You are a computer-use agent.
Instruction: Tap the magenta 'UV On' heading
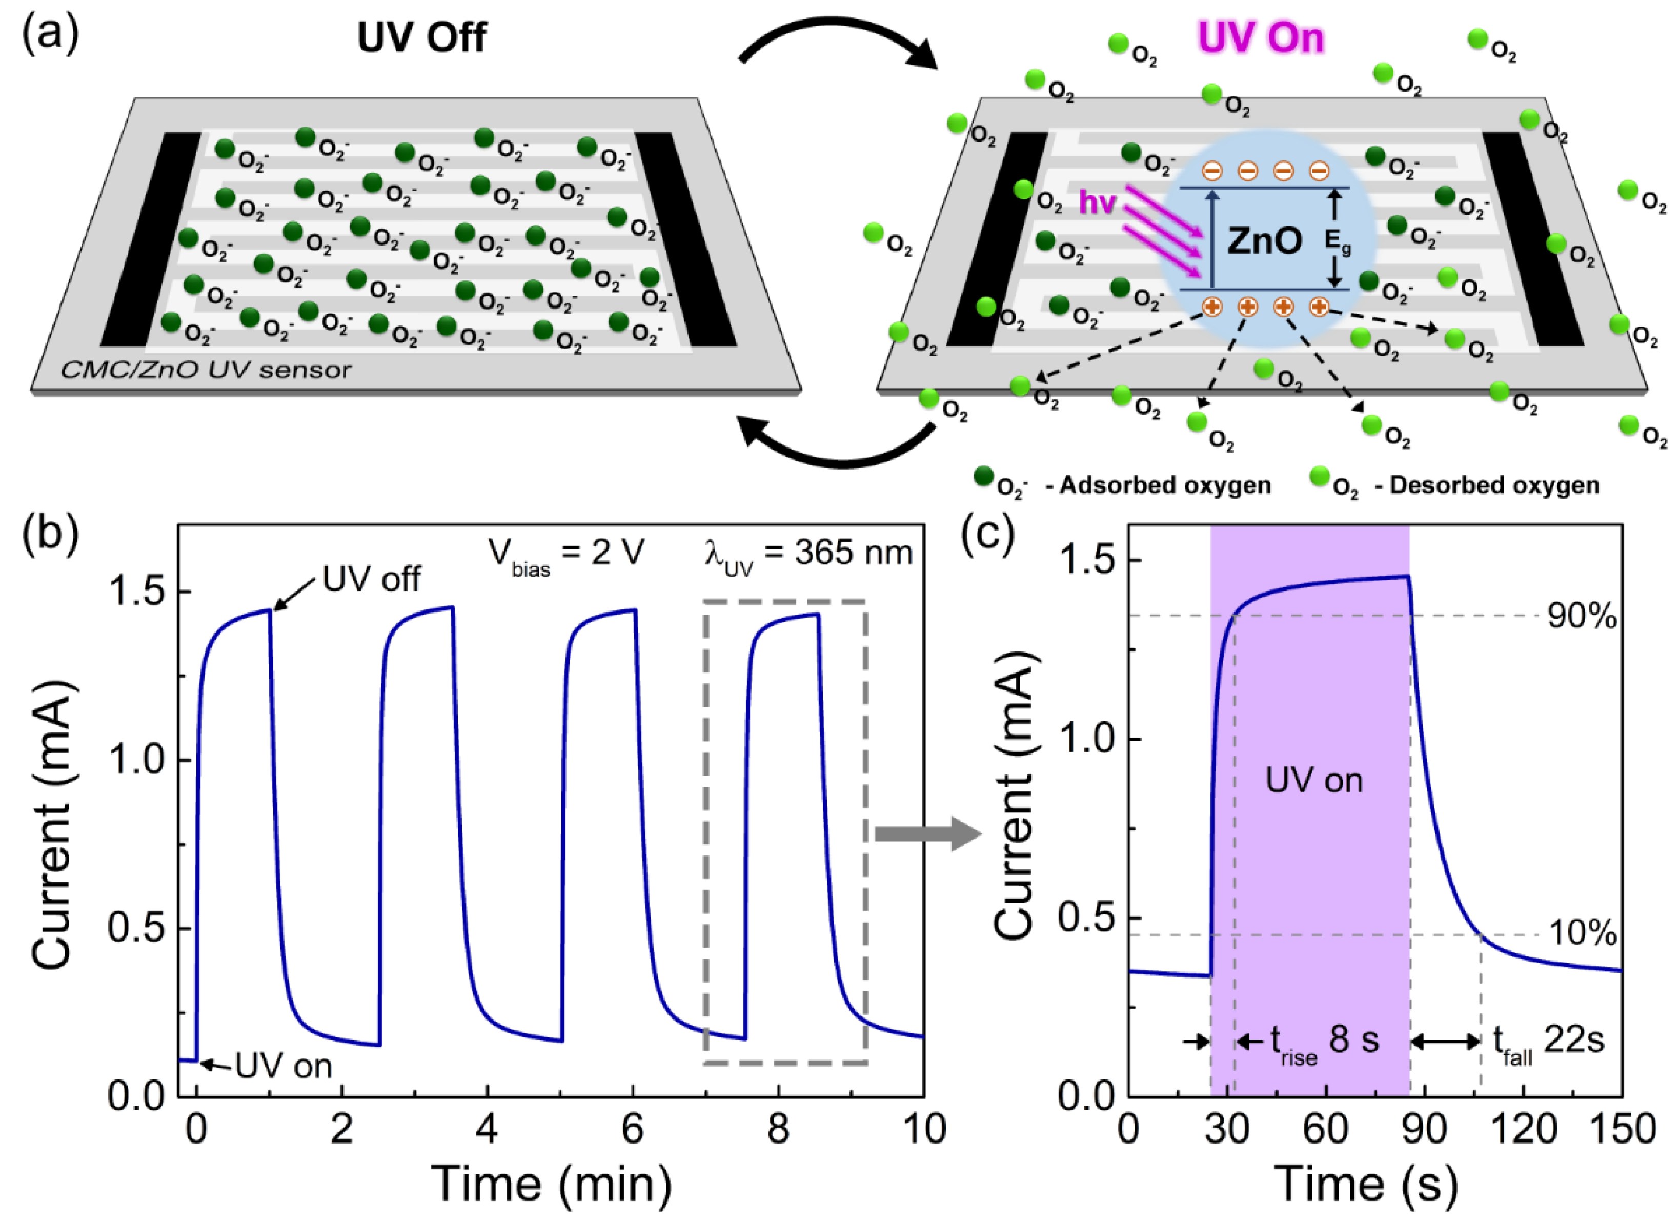coord(1260,38)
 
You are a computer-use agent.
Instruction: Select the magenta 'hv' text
coord(1097,201)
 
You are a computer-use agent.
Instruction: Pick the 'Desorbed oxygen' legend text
coord(1493,485)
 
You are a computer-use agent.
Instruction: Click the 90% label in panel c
coord(1582,616)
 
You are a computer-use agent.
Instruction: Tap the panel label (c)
coord(987,535)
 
